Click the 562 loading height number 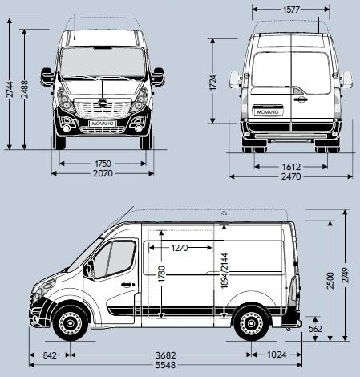pyautogui.click(x=315, y=329)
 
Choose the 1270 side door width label pyautogui.click(x=180, y=248)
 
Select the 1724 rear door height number pyautogui.click(x=213, y=81)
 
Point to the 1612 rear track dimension pyautogui.click(x=292, y=166)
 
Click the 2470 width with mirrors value pyautogui.click(x=292, y=177)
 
